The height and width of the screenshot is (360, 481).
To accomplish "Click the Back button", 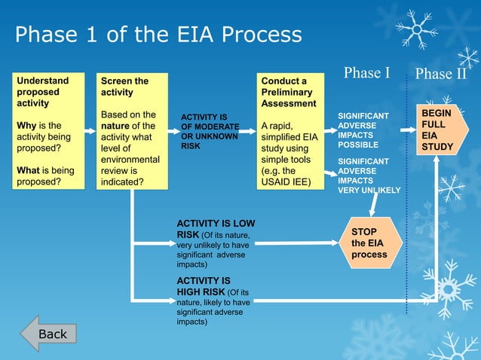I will coord(49,334).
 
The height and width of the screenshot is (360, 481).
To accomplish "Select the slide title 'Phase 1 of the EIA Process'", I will coord(158,35).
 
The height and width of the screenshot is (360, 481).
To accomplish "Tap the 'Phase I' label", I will coord(366,73).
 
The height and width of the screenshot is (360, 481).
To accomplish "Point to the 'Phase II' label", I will coord(441,75).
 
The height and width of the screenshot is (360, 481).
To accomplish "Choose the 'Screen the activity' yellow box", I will coord(132,131).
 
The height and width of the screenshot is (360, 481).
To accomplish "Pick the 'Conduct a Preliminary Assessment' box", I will coord(290,131).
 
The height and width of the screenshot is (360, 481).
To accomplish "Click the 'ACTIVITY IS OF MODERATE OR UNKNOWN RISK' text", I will coord(210,132).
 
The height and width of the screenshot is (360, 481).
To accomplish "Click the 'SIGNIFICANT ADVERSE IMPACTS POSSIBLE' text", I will coord(363,130).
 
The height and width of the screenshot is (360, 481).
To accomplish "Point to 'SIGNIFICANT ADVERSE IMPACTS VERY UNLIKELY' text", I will coord(368,175).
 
